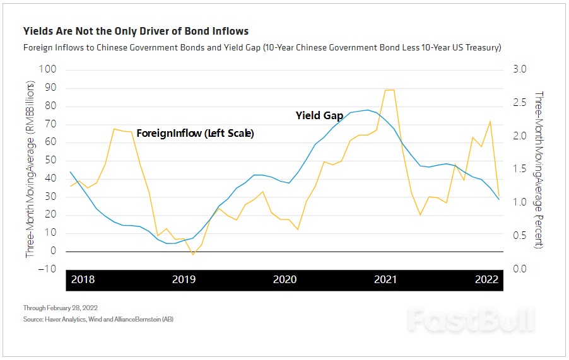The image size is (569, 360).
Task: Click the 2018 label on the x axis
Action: click(83, 280)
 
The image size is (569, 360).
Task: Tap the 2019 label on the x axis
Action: click(184, 280)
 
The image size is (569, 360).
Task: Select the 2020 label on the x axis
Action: click(284, 280)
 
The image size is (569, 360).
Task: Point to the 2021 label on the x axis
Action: click(385, 280)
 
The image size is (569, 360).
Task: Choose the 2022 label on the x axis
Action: click(486, 280)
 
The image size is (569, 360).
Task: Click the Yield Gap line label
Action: click(319, 116)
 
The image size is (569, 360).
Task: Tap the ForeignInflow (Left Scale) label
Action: click(195, 134)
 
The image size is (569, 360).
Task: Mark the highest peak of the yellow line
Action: click(389, 90)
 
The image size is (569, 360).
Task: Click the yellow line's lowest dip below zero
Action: click(193, 254)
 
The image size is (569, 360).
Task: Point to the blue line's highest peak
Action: click(368, 110)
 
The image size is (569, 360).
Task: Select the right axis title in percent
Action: click(538, 169)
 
